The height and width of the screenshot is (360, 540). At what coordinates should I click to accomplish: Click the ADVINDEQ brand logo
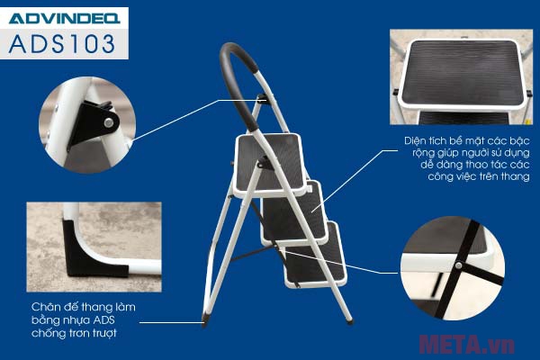[65, 18]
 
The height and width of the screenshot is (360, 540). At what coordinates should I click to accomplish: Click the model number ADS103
[62, 44]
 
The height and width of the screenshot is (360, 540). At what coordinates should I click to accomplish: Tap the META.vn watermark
[467, 344]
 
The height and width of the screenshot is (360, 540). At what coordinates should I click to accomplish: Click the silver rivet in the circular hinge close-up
[109, 122]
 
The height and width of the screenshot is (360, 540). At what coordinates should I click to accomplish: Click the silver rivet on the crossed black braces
[458, 265]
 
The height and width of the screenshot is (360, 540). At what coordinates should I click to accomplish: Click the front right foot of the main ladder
[349, 321]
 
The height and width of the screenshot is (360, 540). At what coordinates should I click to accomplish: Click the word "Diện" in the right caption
[417, 140]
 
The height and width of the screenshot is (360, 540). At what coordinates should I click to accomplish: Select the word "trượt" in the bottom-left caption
[104, 333]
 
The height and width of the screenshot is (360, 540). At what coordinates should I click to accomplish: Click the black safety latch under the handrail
[263, 98]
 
